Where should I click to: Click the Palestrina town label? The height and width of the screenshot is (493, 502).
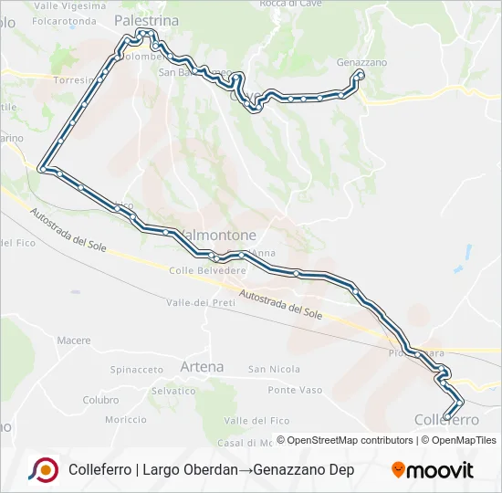tap(147, 18)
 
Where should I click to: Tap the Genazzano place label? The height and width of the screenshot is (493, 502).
tap(361, 62)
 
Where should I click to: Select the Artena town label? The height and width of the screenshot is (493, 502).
tap(202, 366)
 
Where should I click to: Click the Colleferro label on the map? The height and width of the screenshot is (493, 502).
tap(446, 419)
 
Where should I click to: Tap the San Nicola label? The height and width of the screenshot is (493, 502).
tap(274, 370)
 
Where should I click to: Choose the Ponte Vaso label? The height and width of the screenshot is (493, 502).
tap(296, 390)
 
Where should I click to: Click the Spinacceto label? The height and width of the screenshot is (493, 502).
tap(136, 370)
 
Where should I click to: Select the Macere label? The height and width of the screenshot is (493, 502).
tap(74, 341)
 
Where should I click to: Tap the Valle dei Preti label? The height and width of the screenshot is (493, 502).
tap(202, 302)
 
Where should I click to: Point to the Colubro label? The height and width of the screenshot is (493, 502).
tap(100, 400)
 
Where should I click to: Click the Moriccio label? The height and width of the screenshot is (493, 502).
tap(125, 420)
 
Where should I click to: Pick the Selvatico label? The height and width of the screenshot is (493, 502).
tap(173, 390)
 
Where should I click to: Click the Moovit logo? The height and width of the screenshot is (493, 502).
tap(433, 470)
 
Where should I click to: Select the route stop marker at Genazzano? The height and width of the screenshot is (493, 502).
tap(361, 74)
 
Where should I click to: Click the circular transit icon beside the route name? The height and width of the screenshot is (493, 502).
tap(43, 469)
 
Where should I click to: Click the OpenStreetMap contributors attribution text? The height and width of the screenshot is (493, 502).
tap(344, 440)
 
